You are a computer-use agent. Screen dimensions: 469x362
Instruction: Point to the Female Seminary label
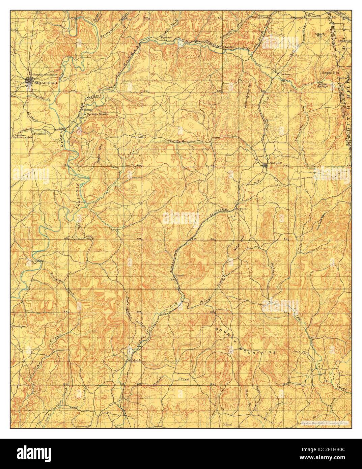45,74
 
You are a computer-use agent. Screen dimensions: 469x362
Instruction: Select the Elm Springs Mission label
94,114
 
